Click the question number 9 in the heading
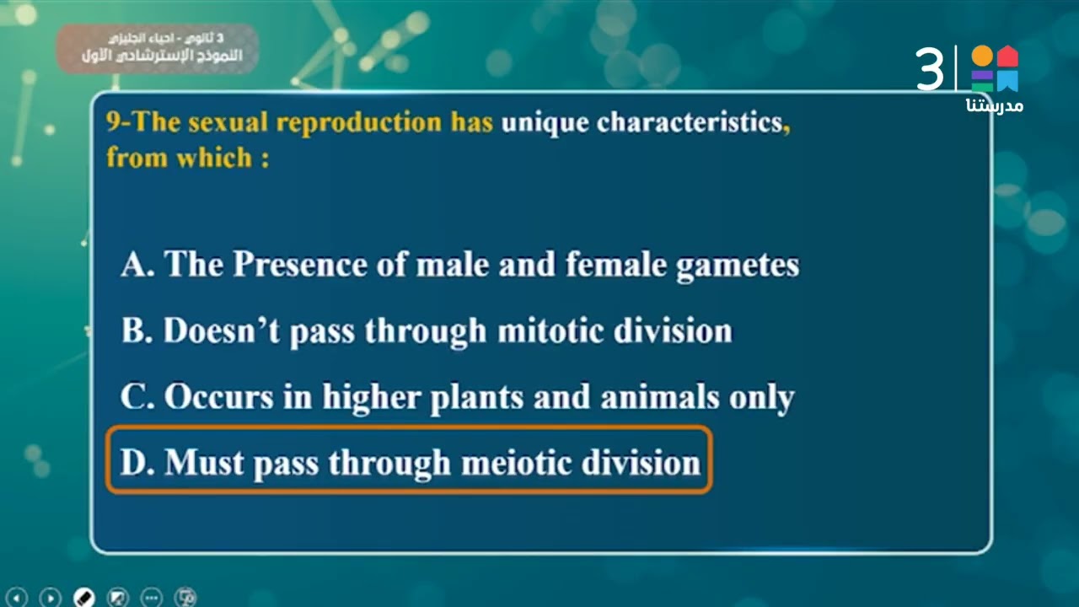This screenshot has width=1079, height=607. coord(113,123)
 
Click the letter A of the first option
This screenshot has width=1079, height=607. coord(135,265)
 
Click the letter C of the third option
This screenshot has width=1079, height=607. coord(135,396)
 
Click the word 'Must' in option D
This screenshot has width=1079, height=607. coord(202,462)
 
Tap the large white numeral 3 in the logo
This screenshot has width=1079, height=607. coord(931,69)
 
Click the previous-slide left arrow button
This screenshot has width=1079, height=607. coord(18,597)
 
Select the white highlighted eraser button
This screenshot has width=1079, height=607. coord(84,597)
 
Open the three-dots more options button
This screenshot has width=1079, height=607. coord(152,597)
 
